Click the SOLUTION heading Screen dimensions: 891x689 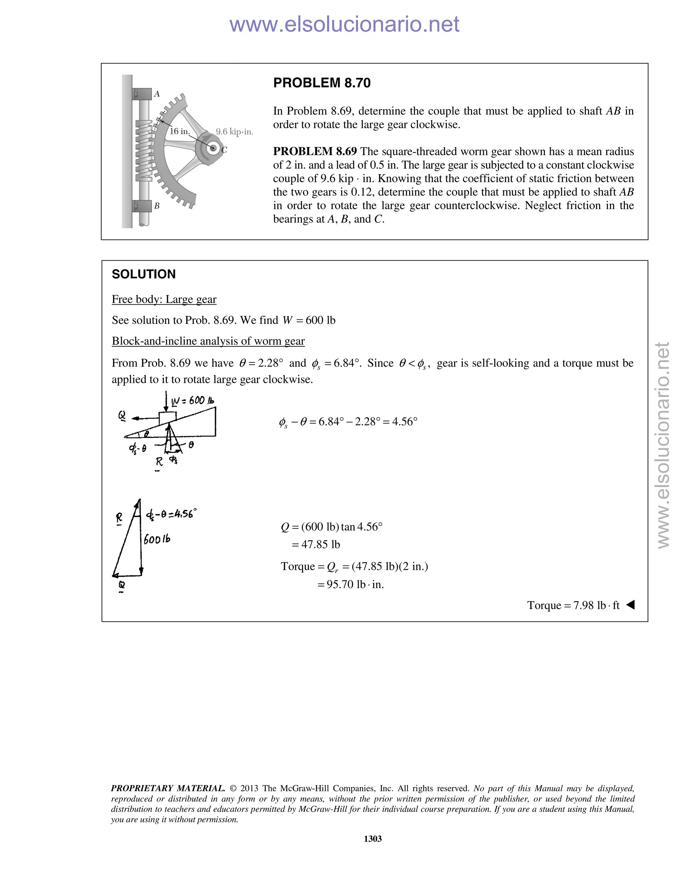click(x=144, y=274)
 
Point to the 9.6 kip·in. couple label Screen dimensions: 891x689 click(x=234, y=132)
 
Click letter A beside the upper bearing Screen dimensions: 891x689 click(x=157, y=94)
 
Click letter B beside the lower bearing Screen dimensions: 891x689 click(x=157, y=206)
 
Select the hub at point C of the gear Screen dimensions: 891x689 click(x=212, y=148)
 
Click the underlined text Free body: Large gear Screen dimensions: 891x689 click(x=164, y=300)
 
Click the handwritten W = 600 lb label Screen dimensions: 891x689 click(x=193, y=401)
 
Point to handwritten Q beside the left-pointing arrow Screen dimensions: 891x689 click(x=122, y=415)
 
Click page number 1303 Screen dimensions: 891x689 click(x=372, y=839)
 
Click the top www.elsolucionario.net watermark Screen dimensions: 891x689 click(x=344, y=24)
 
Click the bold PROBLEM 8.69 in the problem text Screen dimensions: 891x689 click(x=315, y=151)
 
